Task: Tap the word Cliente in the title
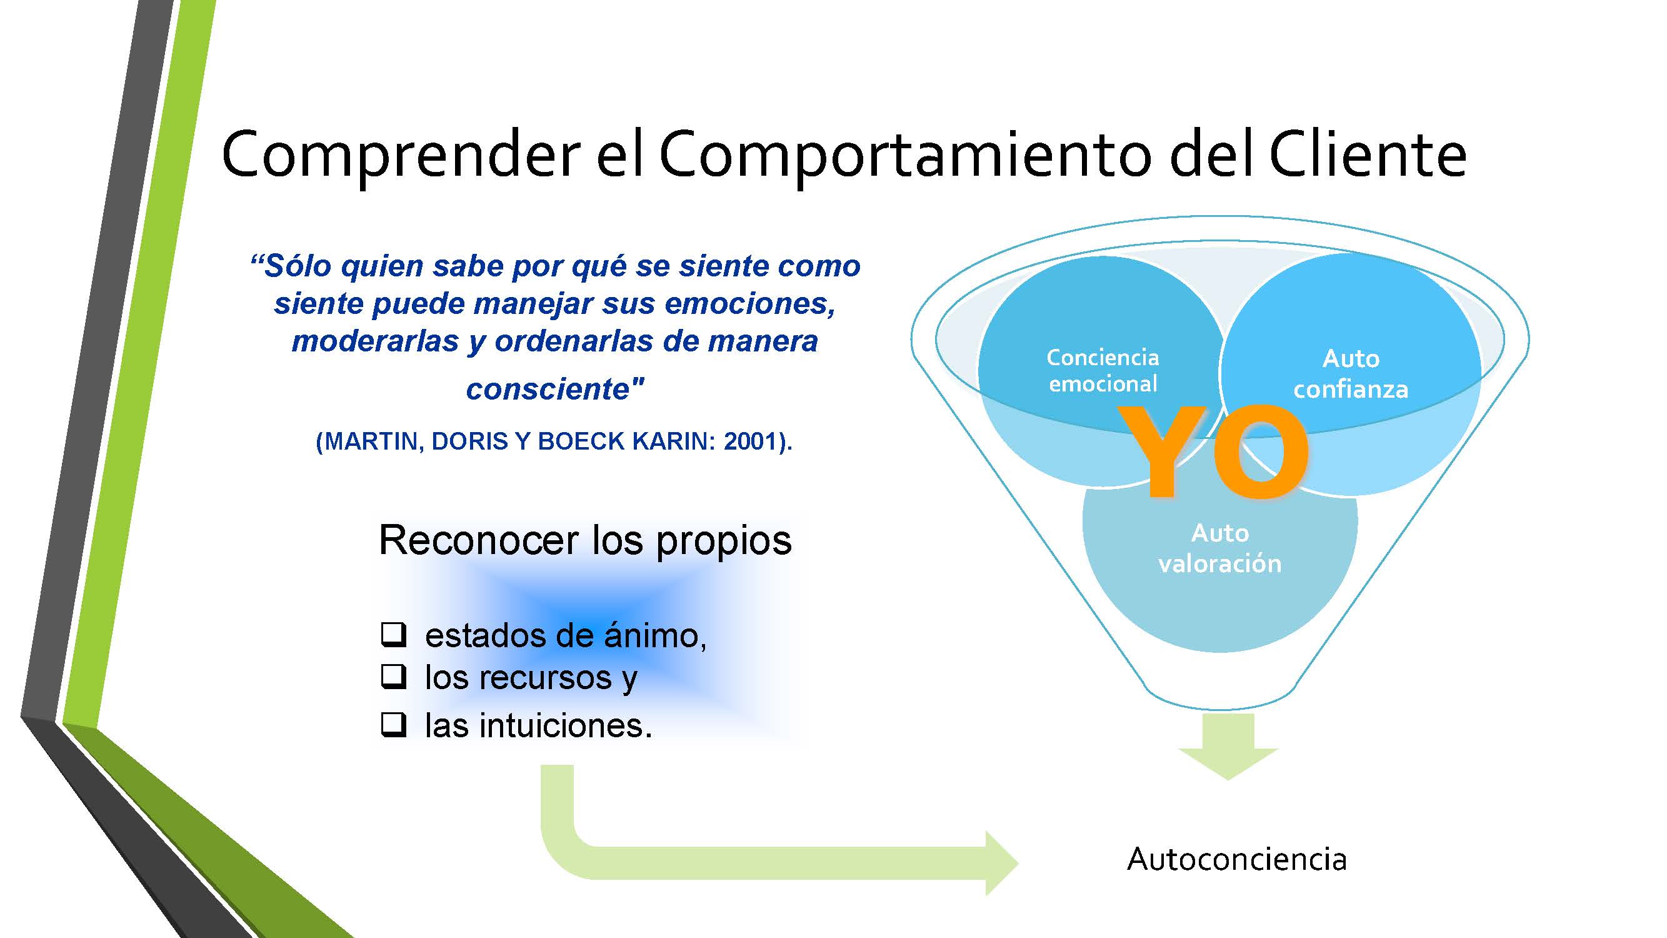coord(1368,153)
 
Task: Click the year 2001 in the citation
coord(750,441)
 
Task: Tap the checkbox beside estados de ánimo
coord(393,634)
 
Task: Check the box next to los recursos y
coord(393,677)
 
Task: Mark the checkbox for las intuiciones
coord(393,724)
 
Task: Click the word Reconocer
coord(479,540)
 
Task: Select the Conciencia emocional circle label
coord(1103,370)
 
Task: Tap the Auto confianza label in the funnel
coord(1351,373)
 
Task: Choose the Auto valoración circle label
coord(1220,548)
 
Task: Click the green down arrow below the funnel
coord(1228,747)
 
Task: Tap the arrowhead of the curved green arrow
coord(1001,863)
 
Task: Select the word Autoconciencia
coord(1237,860)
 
